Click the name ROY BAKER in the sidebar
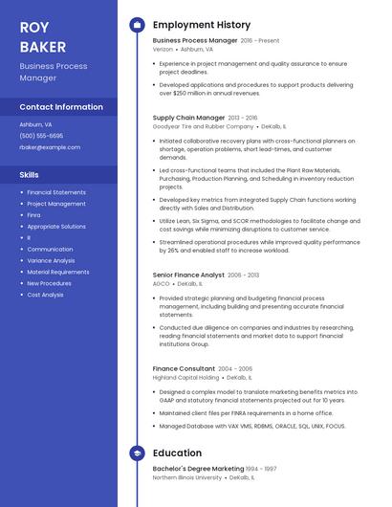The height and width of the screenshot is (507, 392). pyautogui.click(x=43, y=36)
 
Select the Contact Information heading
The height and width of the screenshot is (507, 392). pyautogui.click(x=61, y=107)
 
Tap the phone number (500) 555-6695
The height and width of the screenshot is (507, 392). pyautogui.click(x=41, y=136)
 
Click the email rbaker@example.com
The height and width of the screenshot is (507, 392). pyautogui.click(x=50, y=147)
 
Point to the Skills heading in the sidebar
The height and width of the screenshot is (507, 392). pyautogui.click(x=30, y=175)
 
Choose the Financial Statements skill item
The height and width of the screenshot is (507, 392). pyautogui.click(x=56, y=192)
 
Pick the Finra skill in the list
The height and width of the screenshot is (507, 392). pyautogui.click(x=34, y=215)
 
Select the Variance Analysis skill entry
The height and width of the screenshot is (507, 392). pyautogui.click(x=51, y=260)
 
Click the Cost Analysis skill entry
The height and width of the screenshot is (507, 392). pyautogui.click(x=45, y=295)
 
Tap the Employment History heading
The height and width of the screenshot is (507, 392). pyautogui.click(x=202, y=25)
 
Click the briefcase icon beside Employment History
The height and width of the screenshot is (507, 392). pyautogui.click(x=137, y=25)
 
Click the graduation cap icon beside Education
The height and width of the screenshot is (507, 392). pyautogui.click(x=137, y=452)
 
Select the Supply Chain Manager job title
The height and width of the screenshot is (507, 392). pyautogui.click(x=188, y=118)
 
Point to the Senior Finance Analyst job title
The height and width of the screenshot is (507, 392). pyautogui.click(x=188, y=276)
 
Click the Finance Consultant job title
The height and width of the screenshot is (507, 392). pyautogui.click(x=184, y=368)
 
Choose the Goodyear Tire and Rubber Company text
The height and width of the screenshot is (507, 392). pyautogui.click(x=203, y=126)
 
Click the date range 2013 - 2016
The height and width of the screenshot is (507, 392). pyautogui.click(x=244, y=118)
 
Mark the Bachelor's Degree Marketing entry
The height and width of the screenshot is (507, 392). pyautogui.click(x=198, y=469)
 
